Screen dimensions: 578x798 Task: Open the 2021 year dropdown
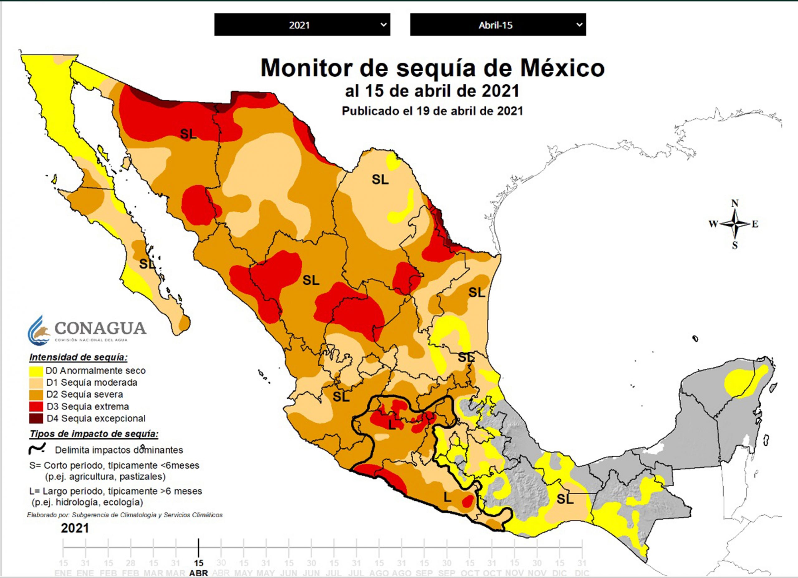[302, 25]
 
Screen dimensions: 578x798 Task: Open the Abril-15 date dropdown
[498, 25]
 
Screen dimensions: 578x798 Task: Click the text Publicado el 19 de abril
[432, 111]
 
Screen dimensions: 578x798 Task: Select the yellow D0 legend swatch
[36, 371]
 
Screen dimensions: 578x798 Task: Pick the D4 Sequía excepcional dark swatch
[36, 418]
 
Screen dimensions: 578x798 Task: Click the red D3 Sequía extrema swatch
[36, 406]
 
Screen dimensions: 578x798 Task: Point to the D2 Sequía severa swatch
[36, 395]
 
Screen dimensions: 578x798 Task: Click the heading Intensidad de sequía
[78, 357]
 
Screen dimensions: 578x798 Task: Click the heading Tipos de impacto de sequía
[94, 434]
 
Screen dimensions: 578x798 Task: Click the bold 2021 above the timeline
[75, 528]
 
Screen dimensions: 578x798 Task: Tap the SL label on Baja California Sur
[147, 264]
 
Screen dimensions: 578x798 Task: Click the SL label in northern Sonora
[188, 134]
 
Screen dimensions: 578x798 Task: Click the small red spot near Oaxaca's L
[467, 500]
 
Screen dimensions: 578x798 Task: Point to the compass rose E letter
[755, 224]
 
